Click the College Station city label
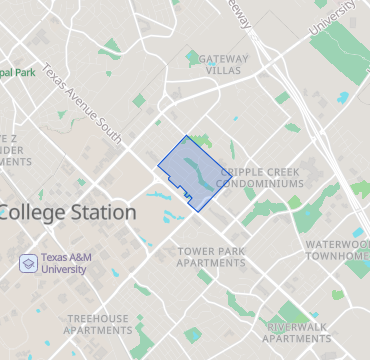tap(68, 212)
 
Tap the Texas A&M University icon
tap(29, 263)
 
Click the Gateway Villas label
tap(224, 64)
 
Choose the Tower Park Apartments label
tap(211, 256)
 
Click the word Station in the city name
tap(102, 212)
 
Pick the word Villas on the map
tap(224, 71)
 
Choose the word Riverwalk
tap(298, 326)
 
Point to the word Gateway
tap(224, 58)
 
